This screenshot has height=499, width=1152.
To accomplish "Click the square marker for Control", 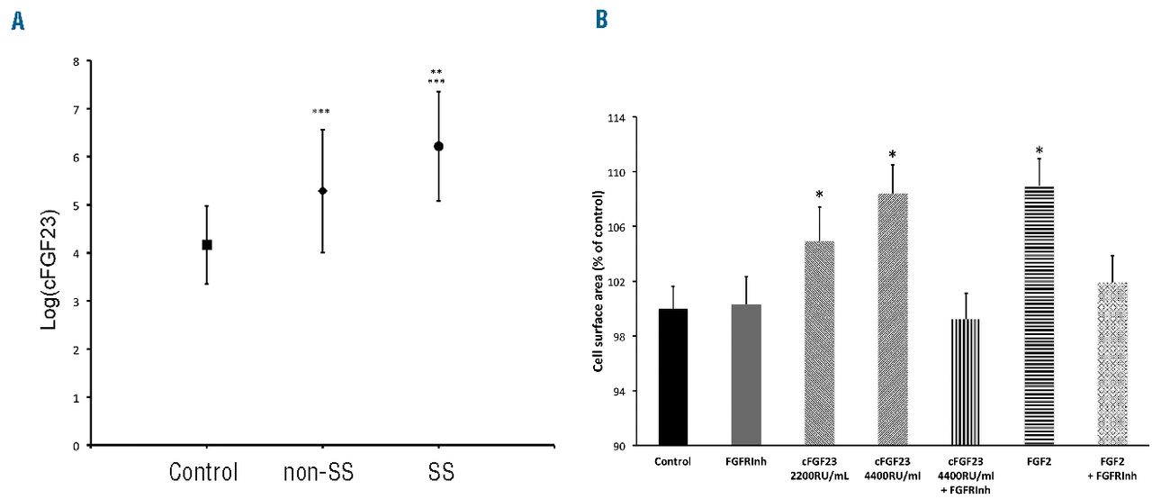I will [207, 244].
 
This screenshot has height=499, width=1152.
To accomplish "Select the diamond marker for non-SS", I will [322, 191].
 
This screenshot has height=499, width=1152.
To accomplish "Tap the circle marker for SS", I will [438, 146].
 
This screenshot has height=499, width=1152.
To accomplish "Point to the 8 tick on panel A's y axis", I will [76, 61].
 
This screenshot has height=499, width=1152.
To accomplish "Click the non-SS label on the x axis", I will [321, 472].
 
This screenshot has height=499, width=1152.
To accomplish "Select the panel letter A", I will [16, 22].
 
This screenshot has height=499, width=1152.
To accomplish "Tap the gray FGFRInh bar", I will [746, 374].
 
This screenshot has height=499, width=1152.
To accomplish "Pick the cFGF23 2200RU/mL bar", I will [819, 343].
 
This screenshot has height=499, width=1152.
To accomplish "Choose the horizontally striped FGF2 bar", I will [1039, 315].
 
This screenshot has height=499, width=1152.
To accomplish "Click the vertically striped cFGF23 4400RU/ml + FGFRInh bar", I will [965, 382].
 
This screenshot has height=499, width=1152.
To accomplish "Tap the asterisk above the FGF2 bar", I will [1039, 150].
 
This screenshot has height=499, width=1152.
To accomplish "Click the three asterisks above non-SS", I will [321, 112].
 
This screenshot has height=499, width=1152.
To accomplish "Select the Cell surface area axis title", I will [598, 281].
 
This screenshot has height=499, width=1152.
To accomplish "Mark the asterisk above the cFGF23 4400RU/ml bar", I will [892, 155].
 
